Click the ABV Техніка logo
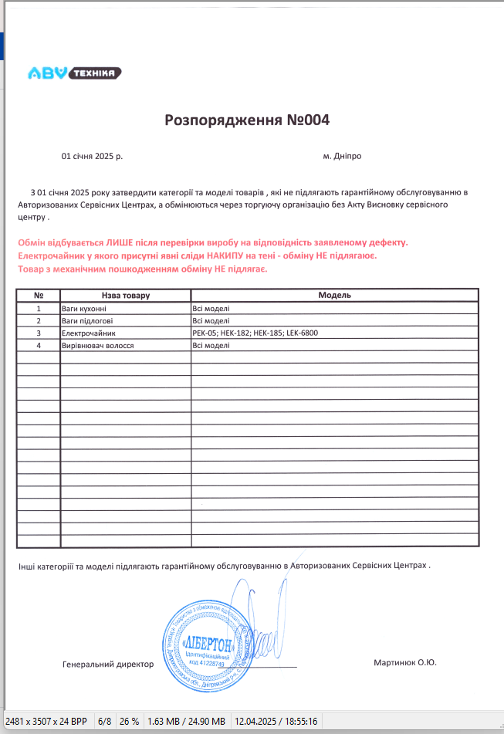pyautogui.click(x=74, y=73)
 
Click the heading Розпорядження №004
pyautogui.click(x=247, y=120)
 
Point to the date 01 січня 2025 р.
pyautogui.click(x=92, y=156)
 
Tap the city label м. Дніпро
pyautogui.click(x=342, y=156)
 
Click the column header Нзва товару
pyautogui.click(x=125, y=296)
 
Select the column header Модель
pyautogui.click(x=335, y=296)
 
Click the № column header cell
pyautogui.click(x=39, y=296)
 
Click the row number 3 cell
pyautogui.click(x=39, y=333)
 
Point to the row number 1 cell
pyautogui.click(x=39, y=308)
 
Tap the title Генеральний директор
pyautogui.click(x=107, y=664)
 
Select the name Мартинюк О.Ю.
pyautogui.click(x=404, y=662)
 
